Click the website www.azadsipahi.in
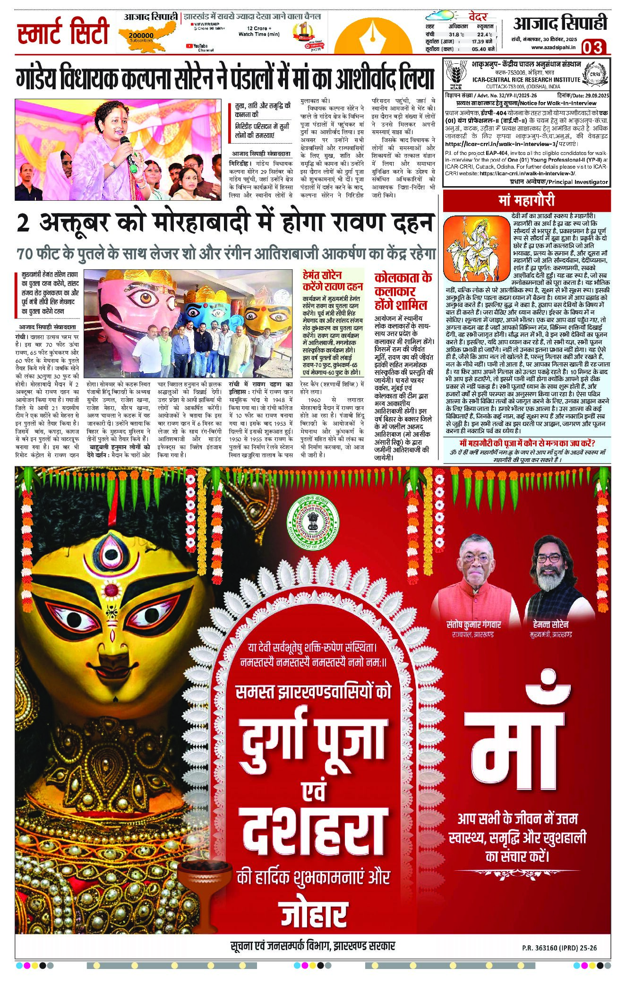click(x=553, y=47)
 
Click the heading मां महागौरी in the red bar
click(x=526, y=200)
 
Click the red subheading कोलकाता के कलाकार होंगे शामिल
click(x=403, y=290)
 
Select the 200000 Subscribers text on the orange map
click(x=140, y=37)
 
